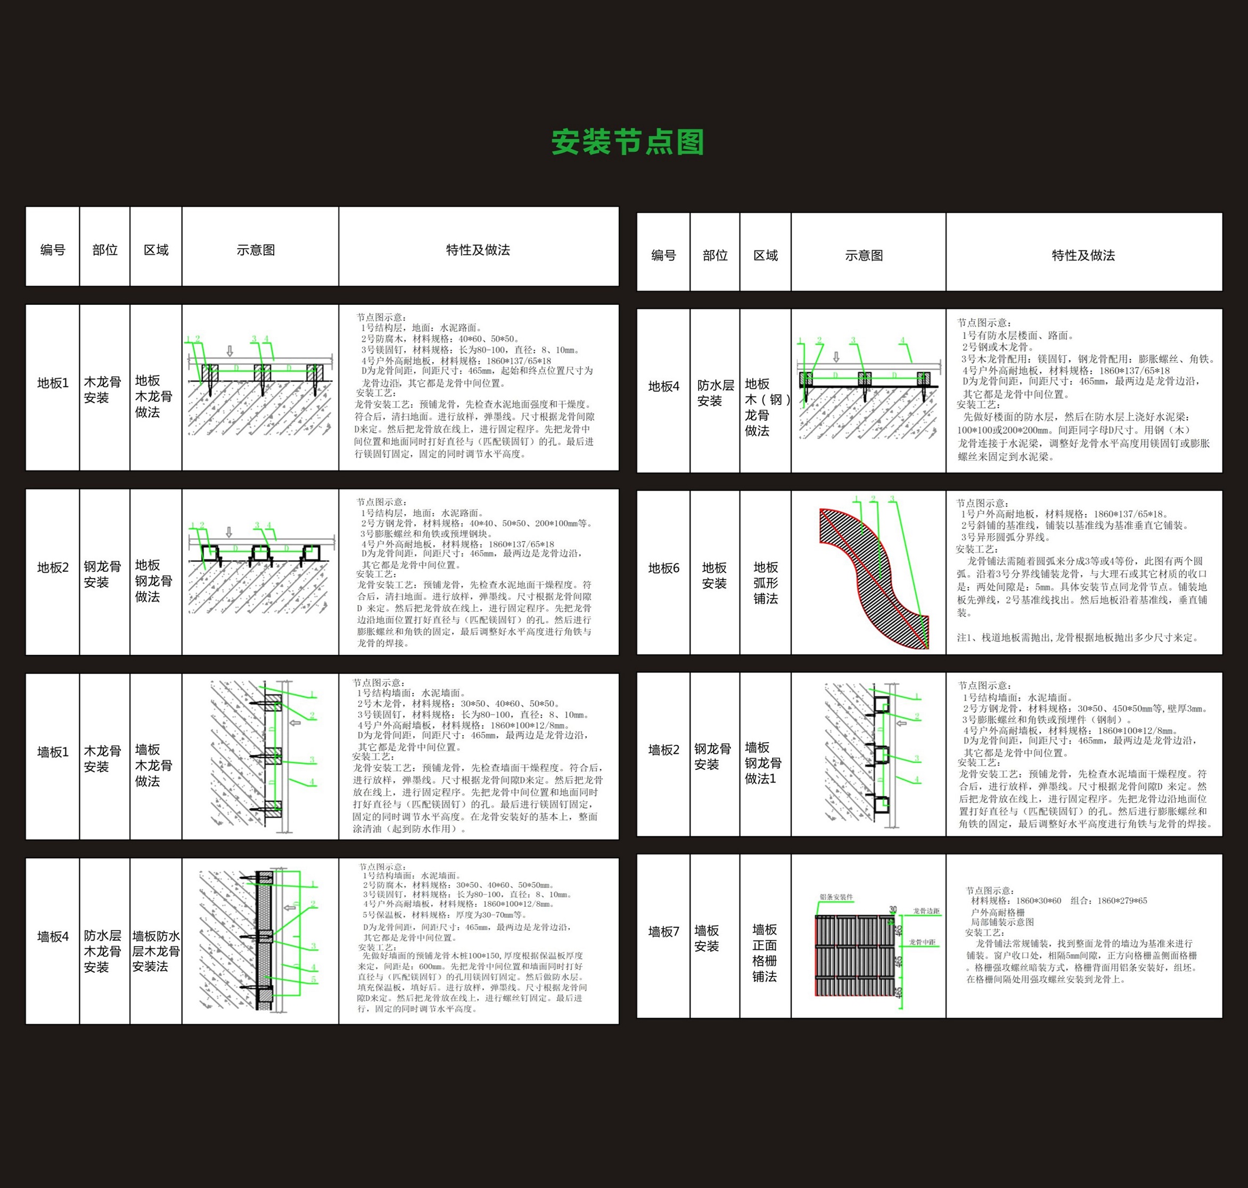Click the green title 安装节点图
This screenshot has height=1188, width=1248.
tap(627, 142)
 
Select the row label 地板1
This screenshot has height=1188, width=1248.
tap(53, 383)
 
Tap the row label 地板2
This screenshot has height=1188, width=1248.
tap(53, 567)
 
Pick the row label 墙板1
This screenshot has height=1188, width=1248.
tap(53, 752)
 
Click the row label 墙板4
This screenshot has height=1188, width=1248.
tap(53, 937)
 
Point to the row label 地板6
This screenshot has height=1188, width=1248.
tap(663, 568)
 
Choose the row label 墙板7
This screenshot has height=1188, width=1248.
tap(663, 932)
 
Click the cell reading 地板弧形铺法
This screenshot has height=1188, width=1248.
tap(765, 583)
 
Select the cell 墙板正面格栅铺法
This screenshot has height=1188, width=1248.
tap(765, 953)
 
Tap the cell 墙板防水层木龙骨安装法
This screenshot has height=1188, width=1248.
tap(155, 951)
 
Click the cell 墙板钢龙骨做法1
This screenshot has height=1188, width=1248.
tap(762, 763)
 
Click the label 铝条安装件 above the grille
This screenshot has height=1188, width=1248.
tap(836, 897)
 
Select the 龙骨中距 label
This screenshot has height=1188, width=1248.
tap(922, 942)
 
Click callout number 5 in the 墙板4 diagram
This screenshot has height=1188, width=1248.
tap(313, 980)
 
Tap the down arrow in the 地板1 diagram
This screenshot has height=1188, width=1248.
tap(229, 351)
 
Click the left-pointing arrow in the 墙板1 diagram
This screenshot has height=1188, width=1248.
tap(294, 722)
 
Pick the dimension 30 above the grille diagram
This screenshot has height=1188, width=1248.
tap(893, 909)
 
